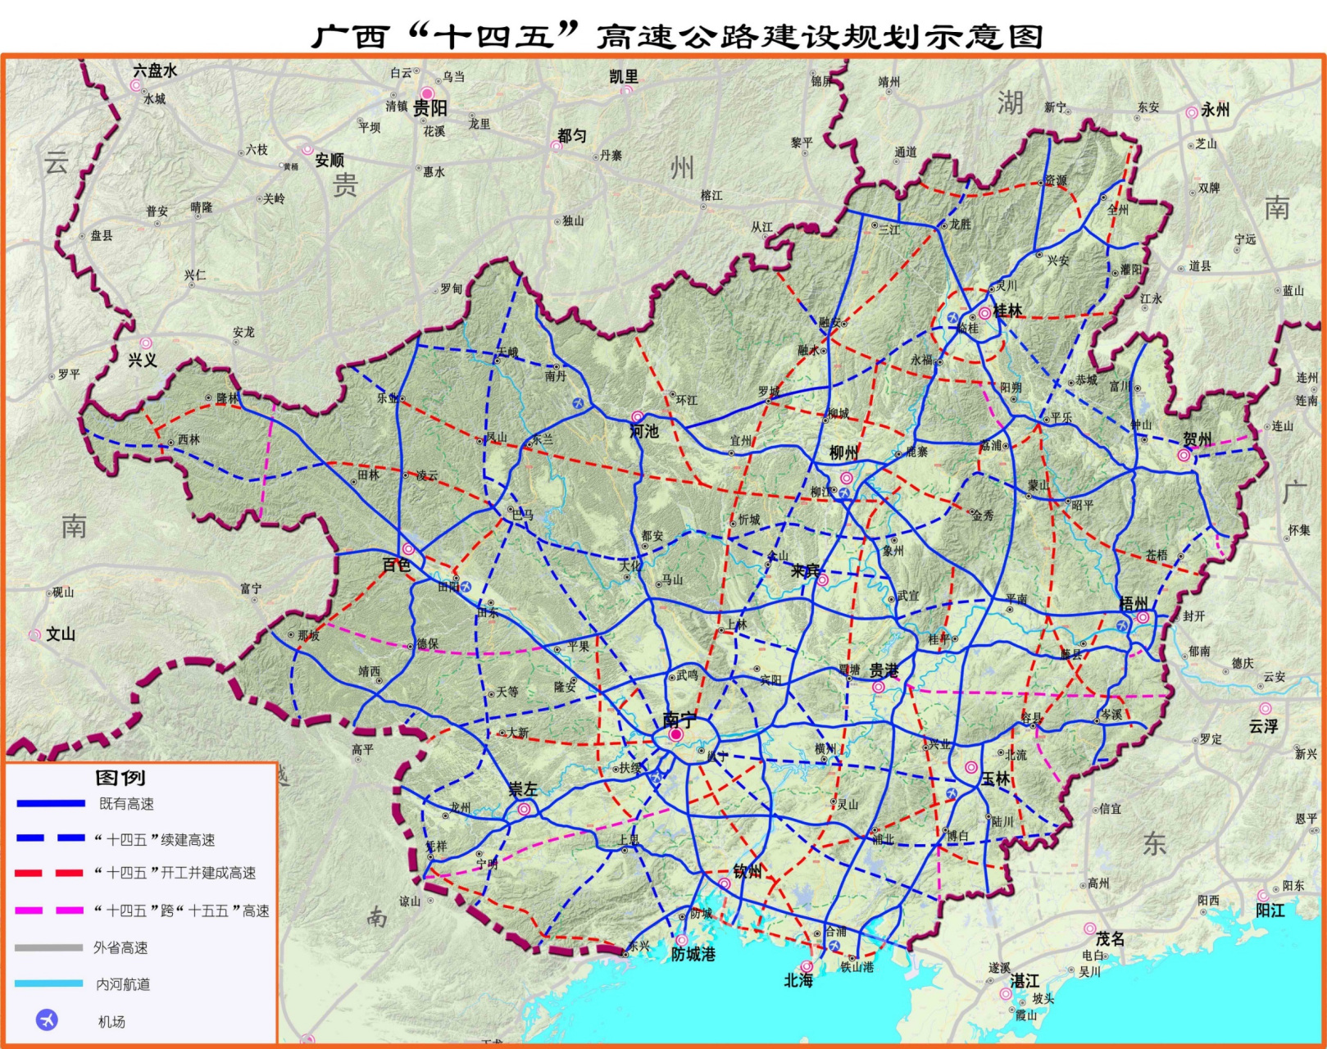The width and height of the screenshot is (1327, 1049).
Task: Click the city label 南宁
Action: pos(679,720)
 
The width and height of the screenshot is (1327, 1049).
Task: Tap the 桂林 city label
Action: pos(1007,311)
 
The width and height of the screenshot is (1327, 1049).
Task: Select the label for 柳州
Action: pos(843,453)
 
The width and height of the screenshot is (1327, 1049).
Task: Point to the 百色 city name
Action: pos(397,565)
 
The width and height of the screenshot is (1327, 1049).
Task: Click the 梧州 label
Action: pos(1134,604)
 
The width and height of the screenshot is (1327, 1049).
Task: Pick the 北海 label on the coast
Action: pos(798,980)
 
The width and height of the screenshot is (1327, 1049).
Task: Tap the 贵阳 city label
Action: pos(430,108)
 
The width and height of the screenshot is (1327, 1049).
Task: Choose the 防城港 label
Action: pos(693,954)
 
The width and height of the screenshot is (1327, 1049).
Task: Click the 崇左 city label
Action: pos(523,789)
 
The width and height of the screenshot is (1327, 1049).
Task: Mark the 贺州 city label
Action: pos(1197,439)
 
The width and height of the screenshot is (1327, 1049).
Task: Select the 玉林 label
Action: pos(996,779)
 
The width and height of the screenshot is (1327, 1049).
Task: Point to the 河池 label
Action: pos(644,431)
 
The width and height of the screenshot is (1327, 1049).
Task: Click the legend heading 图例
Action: pos(120,777)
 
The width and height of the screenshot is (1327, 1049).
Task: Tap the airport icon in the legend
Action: pos(48,1020)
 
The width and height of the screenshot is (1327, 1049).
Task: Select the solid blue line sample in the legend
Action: pos(50,804)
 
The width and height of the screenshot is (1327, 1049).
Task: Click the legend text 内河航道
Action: pos(123,984)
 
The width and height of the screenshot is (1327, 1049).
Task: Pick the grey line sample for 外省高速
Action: pos(48,947)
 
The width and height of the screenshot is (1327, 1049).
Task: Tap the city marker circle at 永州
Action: pos(1191,112)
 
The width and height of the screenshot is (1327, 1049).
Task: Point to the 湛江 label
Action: pos(1025,981)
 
